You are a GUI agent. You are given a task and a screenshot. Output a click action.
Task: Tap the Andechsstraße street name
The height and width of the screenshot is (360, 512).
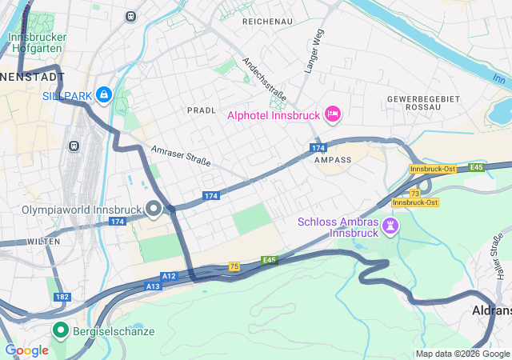pos(265,79)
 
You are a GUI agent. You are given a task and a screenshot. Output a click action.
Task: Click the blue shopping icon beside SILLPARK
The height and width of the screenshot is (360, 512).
pos(103,95)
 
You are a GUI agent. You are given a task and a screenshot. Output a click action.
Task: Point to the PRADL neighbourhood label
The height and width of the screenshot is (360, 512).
pos(202,110)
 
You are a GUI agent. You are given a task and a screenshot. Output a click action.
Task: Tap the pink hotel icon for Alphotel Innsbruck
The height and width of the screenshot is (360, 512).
pos(333,115)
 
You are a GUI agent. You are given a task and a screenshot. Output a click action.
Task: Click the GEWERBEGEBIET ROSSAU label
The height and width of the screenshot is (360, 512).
pos(413,102)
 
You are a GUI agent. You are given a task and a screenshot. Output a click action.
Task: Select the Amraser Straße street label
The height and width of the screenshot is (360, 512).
pos(181,156)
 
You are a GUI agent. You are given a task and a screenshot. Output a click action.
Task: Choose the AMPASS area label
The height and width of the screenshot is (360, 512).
pos(333,160)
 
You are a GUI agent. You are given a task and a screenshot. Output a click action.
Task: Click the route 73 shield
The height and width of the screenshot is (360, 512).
pos(414,194)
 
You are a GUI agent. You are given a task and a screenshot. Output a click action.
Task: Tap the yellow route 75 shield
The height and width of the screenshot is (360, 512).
pos(234,266)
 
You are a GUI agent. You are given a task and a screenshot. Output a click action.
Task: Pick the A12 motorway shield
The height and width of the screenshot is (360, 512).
pos(169,276)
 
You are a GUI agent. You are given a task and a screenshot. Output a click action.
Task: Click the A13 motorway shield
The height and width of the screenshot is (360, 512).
pos(153,286)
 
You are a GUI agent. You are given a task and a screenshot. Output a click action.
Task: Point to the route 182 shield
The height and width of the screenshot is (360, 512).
pos(62,296)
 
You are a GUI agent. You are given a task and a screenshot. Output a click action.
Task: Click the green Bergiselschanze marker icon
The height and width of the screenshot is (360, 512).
pos(60,330)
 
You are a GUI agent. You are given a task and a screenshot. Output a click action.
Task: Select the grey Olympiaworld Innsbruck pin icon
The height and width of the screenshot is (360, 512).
pos(153,210)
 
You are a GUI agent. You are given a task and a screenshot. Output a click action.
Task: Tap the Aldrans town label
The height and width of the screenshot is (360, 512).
pos(490,310)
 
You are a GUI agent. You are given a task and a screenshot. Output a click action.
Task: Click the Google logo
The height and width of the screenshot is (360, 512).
pos(27,350)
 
